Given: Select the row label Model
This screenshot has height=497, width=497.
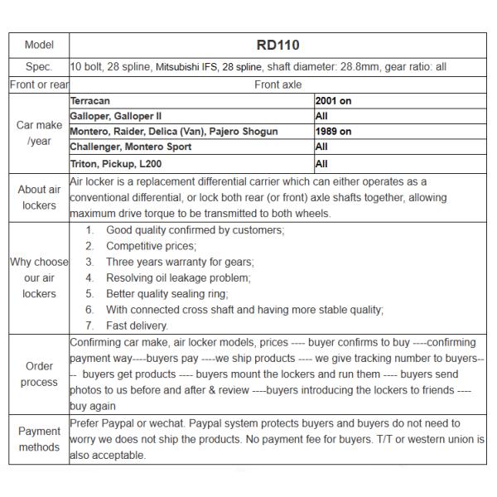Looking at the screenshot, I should coord(39,45).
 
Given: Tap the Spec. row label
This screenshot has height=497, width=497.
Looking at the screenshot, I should coord(39,66).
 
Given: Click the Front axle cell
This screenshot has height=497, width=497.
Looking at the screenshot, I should coord(277,84).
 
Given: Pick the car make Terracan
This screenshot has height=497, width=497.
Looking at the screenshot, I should coord(91,100).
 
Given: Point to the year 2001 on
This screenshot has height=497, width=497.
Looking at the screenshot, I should coord(333,100).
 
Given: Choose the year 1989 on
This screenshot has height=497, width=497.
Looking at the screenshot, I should coord(333,132).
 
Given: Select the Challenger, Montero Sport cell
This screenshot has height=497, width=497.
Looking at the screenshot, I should coord(131,147).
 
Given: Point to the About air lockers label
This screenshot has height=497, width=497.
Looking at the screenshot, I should coord(39,197).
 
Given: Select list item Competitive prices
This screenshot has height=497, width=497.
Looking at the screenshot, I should coord(151,246).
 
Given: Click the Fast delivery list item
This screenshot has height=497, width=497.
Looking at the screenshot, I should coord(137,326).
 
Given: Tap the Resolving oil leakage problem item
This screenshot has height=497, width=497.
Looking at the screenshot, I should coord(178,277).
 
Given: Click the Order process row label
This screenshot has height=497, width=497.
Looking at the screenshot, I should coord(39,374).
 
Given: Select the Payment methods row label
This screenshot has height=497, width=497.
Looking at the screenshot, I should coord(39,439).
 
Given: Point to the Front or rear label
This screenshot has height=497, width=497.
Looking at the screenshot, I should coord(39,84).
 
